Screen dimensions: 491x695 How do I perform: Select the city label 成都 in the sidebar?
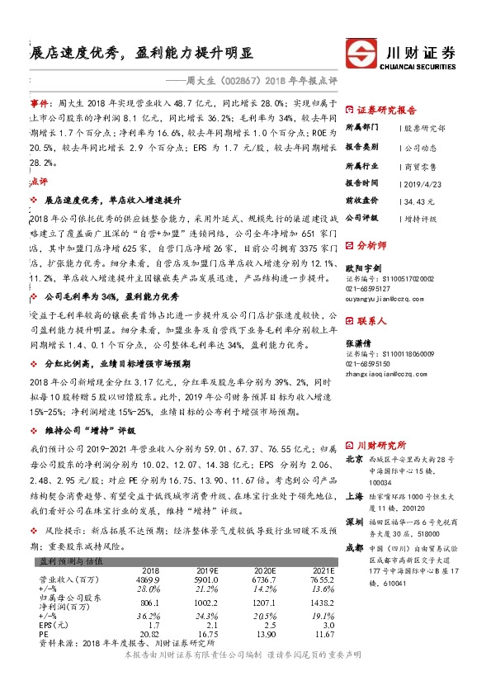pyautogui.click(x=354, y=523)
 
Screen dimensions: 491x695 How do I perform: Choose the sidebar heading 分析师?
pyautogui.click(x=371, y=245)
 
